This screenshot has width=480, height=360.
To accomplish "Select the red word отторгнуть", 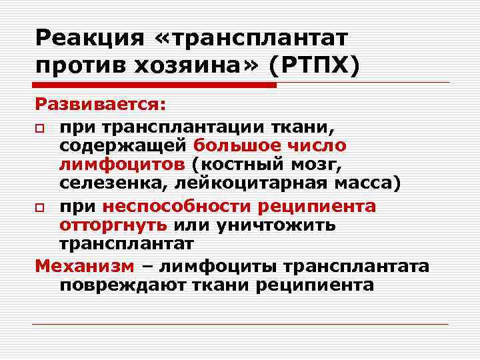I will (113, 225).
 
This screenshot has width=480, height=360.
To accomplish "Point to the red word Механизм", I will (85, 267).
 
